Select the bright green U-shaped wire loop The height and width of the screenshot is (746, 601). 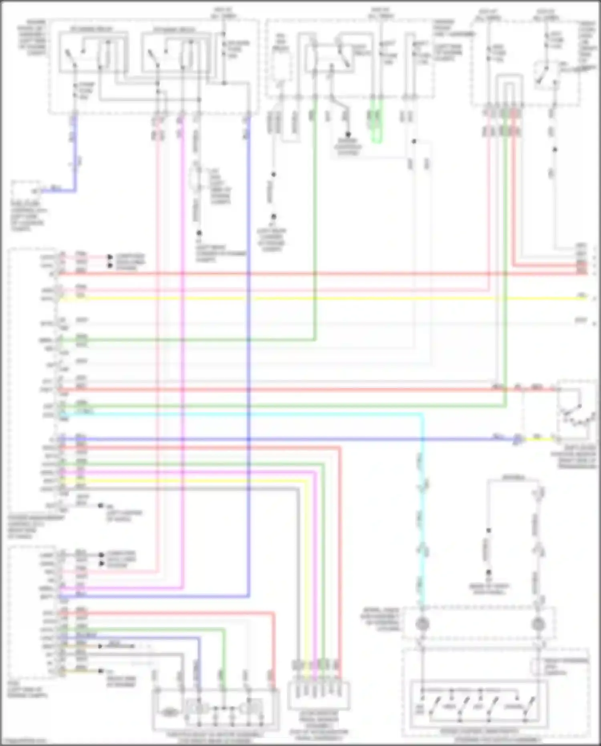[x=376, y=128]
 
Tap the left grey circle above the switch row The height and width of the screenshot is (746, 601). [x=422, y=624]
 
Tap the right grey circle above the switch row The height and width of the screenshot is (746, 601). [x=537, y=624]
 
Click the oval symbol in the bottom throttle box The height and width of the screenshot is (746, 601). [x=170, y=712]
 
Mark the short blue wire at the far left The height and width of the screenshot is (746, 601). [x=74, y=160]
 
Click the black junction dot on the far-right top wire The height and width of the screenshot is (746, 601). [x=555, y=150]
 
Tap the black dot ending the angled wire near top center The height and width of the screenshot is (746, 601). [x=348, y=134]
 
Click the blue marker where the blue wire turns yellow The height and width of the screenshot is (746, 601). [x=517, y=439]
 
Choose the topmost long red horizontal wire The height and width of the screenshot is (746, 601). [x=321, y=274]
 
